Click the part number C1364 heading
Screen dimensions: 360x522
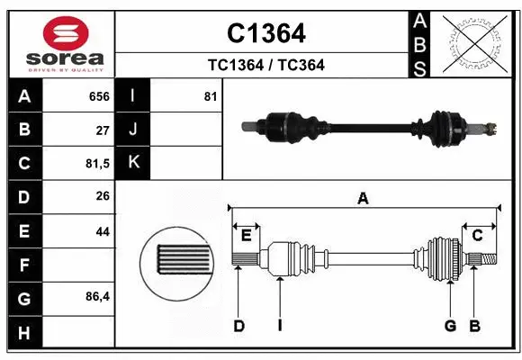tap(265, 33)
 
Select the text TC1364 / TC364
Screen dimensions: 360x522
tap(265, 65)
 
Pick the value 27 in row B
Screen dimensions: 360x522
tap(103, 130)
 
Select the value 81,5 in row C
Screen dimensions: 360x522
tap(97, 164)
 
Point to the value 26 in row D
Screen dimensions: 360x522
tap(103, 197)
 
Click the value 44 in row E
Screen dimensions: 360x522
tap(103, 231)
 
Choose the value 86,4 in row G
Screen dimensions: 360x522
tap(97, 296)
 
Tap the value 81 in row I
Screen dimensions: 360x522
tap(211, 96)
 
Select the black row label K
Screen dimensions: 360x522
tap(134, 163)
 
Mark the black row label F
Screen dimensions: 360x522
tap(23, 265)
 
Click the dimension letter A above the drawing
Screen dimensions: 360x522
tap(363, 199)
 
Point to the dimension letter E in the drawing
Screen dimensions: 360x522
tap(246, 236)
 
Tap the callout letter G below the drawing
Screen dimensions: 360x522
tap(450, 325)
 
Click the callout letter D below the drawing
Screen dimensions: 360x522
tap(238, 325)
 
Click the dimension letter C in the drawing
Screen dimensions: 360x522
tap(478, 236)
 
